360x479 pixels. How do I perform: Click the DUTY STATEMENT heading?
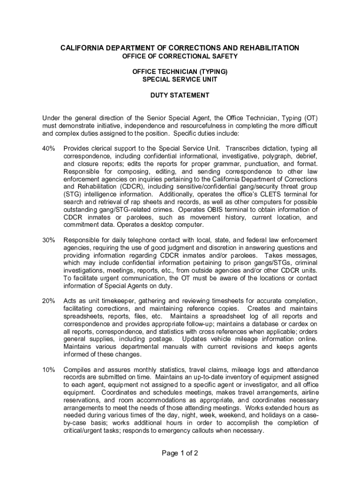click(x=180, y=95)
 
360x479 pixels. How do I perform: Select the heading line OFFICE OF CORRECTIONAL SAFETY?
click(x=180, y=57)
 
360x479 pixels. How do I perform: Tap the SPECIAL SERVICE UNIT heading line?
click(x=180, y=80)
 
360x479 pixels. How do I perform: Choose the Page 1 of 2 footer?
click(x=180, y=453)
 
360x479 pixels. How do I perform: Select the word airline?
click(x=307, y=392)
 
